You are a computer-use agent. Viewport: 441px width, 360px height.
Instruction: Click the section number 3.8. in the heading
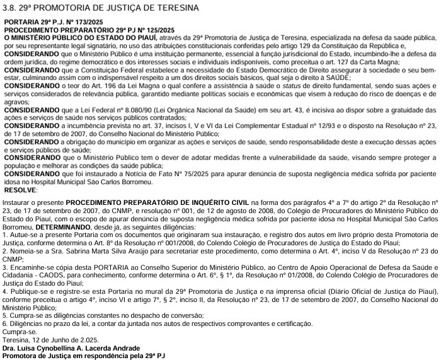(x=11, y=7)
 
